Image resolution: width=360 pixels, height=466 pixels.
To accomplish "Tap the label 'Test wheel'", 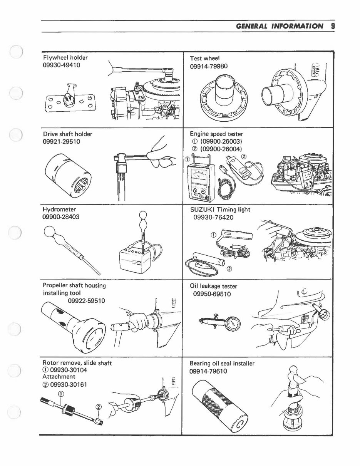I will [x=205, y=58].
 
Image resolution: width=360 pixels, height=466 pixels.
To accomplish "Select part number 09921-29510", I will [x=62, y=141].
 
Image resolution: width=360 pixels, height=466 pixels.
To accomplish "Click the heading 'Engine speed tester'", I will [x=216, y=134].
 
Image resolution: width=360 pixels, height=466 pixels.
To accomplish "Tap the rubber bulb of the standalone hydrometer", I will [x=50, y=232].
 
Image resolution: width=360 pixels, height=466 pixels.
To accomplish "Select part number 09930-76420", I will [x=213, y=217].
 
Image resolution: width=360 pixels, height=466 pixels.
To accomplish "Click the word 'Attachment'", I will [x=59, y=376].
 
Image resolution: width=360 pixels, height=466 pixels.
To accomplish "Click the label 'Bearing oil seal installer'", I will [x=222, y=364].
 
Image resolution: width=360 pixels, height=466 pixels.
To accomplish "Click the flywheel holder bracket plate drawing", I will [x=69, y=101].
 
